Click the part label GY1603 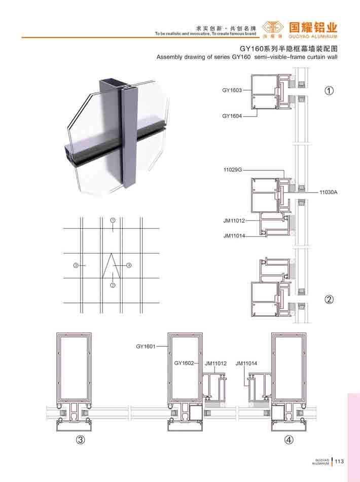click(232, 90)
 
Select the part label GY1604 click(232, 116)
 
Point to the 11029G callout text click(233, 170)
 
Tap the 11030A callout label click(329, 193)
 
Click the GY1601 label click(146, 347)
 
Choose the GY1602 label click(184, 363)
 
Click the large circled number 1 click(329, 90)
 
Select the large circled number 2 click(329, 299)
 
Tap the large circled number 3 click(80, 440)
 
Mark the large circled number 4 click(289, 440)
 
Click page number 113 click(339, 461)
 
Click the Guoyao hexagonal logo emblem click(273, 28)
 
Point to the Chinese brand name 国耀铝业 click(313, 27)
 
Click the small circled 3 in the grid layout click(76, 265)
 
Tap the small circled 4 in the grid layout click(129, 265)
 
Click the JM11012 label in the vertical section click(234, 220)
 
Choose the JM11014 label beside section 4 click(246, 363)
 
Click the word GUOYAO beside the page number click(322, 460)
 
